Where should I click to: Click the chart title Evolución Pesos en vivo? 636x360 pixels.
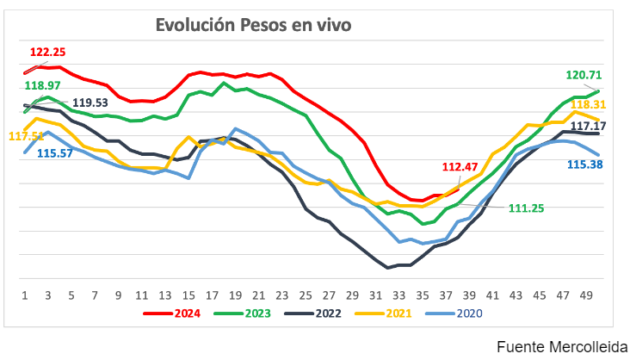(253, 25)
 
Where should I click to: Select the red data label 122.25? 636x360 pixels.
(47, 53)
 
